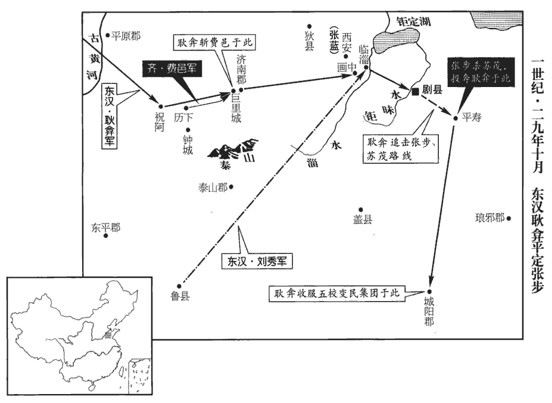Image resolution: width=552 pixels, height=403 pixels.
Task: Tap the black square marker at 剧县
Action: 416,91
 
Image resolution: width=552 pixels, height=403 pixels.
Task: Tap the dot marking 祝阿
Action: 161,107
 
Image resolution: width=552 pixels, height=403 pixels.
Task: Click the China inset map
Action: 80,336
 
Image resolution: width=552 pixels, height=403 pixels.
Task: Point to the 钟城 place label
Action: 188,145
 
